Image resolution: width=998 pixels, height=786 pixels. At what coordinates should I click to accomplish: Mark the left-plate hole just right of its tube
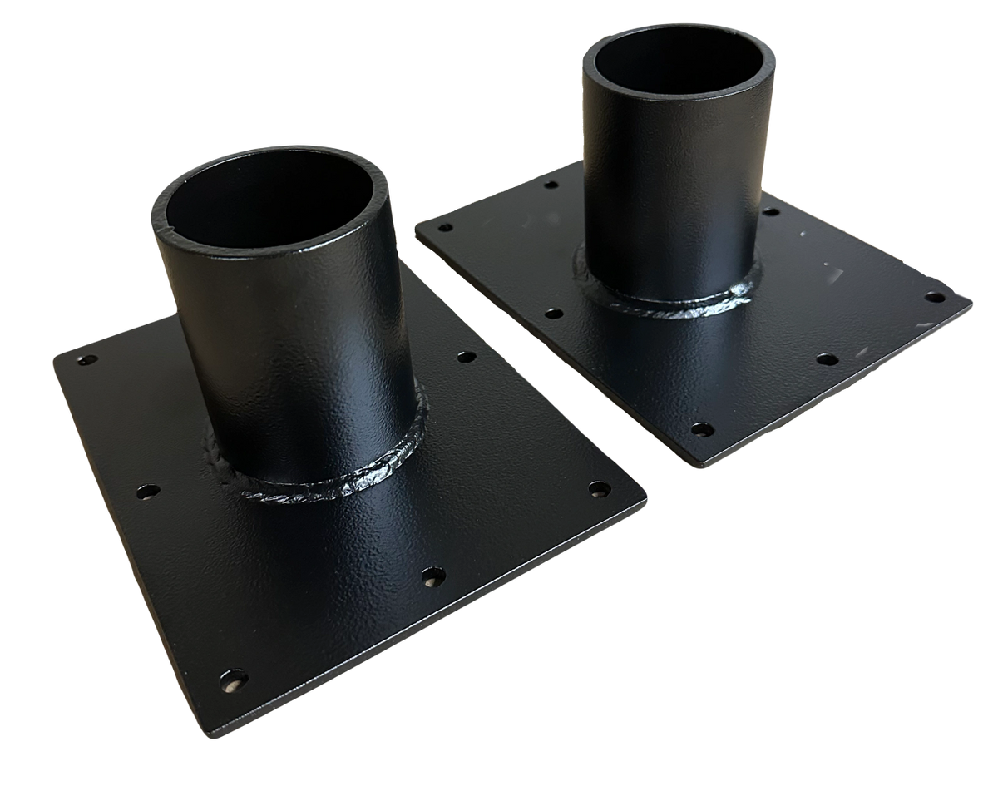467,357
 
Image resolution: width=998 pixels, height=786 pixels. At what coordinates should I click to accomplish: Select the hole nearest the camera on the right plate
702,430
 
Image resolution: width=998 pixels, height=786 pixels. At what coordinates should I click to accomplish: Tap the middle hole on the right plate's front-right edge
826,359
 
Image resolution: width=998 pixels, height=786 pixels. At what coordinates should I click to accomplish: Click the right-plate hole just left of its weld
551,314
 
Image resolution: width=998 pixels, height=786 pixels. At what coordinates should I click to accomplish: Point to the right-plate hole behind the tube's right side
771,213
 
